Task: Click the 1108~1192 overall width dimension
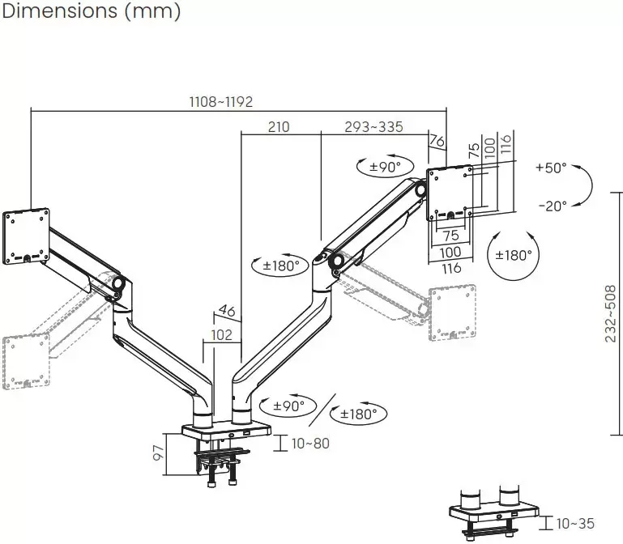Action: tap(221, 102)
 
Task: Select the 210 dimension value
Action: tap(279, 127)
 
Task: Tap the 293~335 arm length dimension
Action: tap(373, 127)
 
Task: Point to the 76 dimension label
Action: tap(437, 141)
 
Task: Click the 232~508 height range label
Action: tap(610, 313)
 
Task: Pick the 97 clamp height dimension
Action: tap(159, 453)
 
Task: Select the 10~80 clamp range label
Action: tap(310, 444)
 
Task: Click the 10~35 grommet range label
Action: tap(575, 523)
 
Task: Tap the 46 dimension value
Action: tap(227, 311)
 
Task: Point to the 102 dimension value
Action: tap(221, 335)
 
